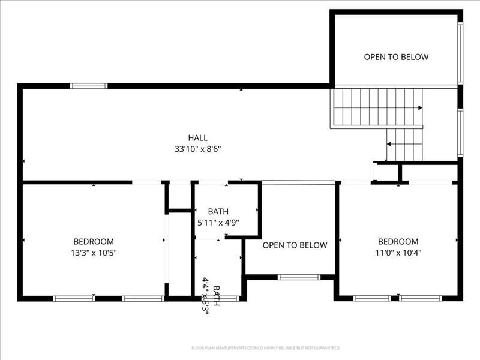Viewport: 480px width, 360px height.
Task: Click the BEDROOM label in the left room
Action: coord(93,242)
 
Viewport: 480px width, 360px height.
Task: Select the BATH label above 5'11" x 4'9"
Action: coord(218,212)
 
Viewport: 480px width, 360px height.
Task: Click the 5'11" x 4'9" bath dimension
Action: coord(218,223)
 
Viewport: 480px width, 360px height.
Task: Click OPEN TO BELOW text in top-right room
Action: coord(396,57)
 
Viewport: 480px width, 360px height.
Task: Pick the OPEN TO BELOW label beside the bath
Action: coord(295,245)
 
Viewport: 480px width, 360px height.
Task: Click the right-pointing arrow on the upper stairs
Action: coord(419,108)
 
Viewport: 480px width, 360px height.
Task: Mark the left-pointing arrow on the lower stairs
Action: coord(389,144)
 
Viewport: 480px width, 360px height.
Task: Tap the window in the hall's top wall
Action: coord(89,86)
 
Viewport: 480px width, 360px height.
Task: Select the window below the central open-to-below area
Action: coord(299,277)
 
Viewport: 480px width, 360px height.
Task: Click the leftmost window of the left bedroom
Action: coord(74,298)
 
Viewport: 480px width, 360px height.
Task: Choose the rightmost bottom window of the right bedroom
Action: coord(421,298)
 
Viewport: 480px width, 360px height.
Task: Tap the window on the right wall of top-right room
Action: coord(460,53)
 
